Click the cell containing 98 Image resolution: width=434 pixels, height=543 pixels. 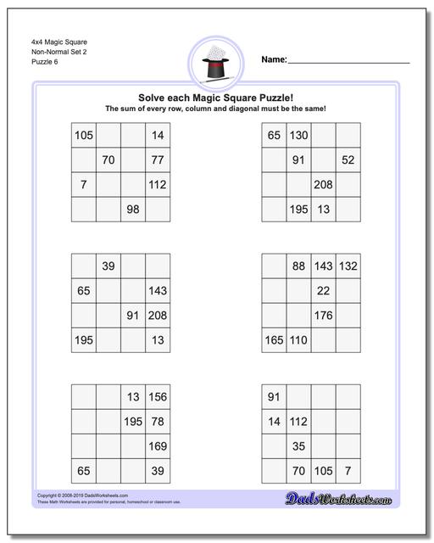pos(133,209)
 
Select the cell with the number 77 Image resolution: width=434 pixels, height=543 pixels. pos(158,160)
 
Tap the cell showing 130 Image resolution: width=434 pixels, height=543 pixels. pos(298,135)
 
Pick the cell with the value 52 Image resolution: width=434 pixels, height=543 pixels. pos(348,160)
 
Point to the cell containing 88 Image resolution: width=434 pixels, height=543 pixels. pos(298,266)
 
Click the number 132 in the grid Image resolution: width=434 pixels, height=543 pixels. pos(348,266)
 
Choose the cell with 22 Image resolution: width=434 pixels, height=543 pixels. pos(323,291)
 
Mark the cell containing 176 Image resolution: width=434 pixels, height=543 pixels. pos(323,316)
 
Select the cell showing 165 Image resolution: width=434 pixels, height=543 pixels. pos(274,340)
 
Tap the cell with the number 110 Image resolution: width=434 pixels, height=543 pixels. pos(298,340)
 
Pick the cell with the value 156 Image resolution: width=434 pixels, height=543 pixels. pos(158,397)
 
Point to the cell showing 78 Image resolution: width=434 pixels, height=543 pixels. pos(158,422)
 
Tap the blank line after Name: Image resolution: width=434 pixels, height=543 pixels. pos(348,61)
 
